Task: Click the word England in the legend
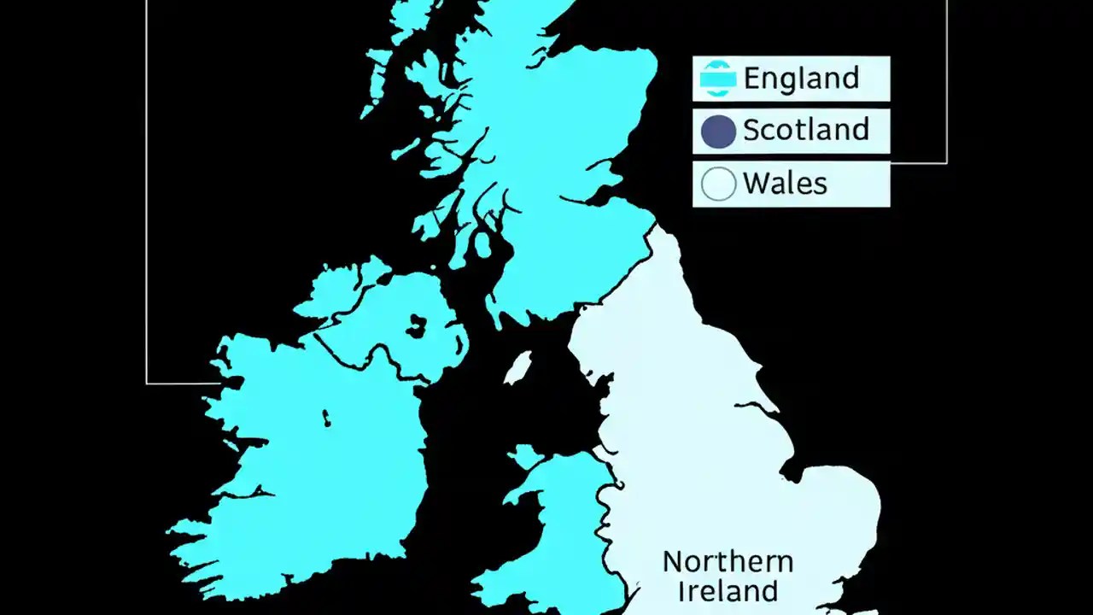coord(801,79)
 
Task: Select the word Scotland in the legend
coord(805,131)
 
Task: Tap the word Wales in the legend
coord(785,184)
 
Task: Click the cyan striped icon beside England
coord(717,79)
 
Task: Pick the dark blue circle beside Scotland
coord(717,132)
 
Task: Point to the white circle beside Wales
coord(718,184)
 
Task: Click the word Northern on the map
coord(728,562)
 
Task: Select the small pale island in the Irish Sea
coord(517,368)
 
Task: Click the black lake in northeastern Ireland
coord(417,325)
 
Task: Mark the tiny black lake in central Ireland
coord(326,418)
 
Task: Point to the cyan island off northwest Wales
coord(523,456)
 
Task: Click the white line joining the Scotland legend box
coord(919,162)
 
